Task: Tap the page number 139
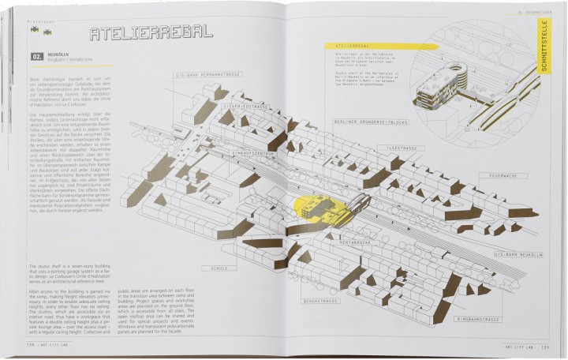pos(556,346)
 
